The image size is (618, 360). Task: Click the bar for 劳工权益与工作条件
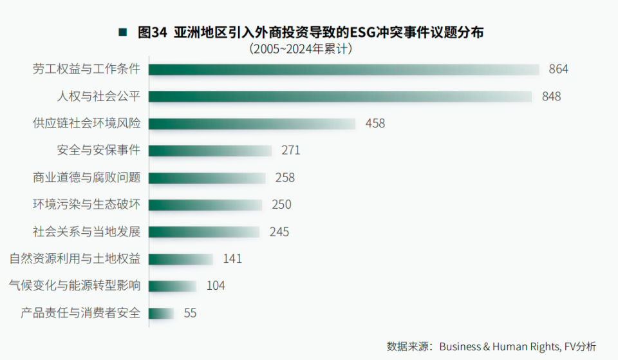point(344,70)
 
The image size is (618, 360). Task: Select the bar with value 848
point(341,97)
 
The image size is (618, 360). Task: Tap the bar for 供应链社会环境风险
point(252,124)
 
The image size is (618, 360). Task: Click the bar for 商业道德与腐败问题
point(207,178)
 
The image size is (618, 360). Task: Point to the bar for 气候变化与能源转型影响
point(173,286)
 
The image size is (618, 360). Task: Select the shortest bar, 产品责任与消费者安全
point(162,314)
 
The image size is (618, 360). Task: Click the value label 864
point(558,70)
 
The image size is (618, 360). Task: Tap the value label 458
point(375,124)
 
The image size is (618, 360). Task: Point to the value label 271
point(291,151)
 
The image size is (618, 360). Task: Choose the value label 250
point(281,205)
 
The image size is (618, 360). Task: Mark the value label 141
point(232,259)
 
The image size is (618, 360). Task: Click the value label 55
point(190,314)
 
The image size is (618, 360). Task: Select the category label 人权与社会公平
point(99,97)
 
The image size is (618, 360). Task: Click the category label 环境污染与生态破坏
point(87,205)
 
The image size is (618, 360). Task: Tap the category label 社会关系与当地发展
point(87,232)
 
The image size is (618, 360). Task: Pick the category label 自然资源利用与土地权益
point(75,259)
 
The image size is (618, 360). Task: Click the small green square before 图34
point(122,32)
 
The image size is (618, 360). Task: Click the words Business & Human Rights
point(499,346)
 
